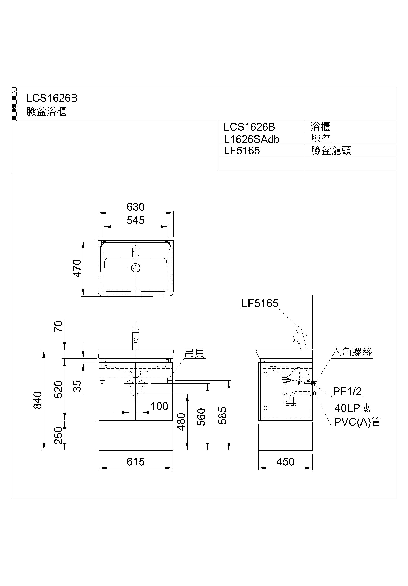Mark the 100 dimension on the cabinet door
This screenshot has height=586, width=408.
[159, 406]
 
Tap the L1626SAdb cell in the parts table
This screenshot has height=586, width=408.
[252, 139]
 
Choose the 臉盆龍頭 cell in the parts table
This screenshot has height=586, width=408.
[331, 151]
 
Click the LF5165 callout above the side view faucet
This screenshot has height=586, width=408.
[260, 303]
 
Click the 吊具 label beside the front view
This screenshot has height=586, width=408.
[195, 353]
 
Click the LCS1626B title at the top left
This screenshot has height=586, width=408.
[52, 98]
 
